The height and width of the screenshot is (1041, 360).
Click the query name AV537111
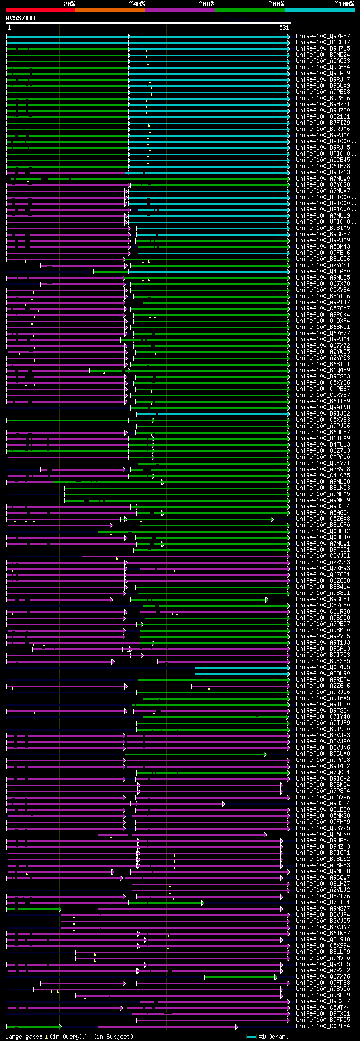(21, 18)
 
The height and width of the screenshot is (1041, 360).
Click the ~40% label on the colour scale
(137, 3)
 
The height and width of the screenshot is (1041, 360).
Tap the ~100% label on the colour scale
(344, 3)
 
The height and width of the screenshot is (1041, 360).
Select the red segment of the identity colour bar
(40, 10)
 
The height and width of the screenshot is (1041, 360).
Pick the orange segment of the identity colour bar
(110, 10)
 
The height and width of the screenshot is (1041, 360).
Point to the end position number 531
(284, 28)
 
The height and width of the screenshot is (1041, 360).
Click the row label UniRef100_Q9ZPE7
(323, 36)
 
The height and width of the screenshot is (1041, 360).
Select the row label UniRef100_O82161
(323, 116)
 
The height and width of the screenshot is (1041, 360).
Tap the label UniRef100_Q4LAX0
(323, 271)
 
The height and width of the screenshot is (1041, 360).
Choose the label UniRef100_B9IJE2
(323, 413)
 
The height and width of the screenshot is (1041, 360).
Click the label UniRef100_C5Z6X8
(323, 519)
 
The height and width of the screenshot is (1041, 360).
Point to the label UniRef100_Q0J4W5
(323, 667)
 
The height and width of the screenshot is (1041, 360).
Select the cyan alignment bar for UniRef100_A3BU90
(242, 673)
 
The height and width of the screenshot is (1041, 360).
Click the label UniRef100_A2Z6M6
(323, 686)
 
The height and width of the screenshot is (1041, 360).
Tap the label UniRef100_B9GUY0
(323, 754)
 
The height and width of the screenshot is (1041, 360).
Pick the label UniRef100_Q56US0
(323, 834)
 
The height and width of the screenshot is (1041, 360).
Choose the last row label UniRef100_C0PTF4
(323, 1026)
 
